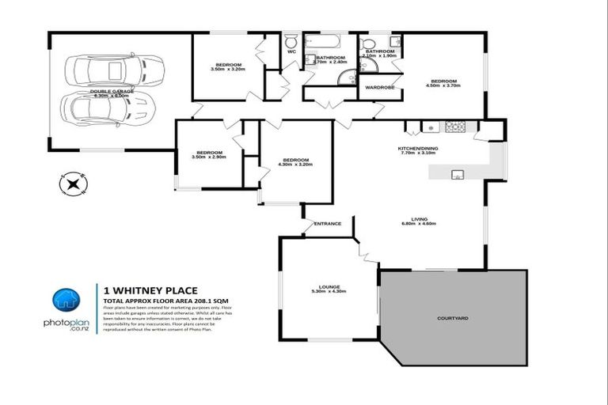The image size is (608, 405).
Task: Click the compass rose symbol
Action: (x=73, y=184)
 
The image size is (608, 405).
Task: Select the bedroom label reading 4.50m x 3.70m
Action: (x=443, y=84)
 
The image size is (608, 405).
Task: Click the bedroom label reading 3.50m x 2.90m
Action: (x=209, y=154)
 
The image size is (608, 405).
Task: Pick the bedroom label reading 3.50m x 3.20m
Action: (x=229, y=66)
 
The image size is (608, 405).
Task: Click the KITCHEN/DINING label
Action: (x=418, y=150)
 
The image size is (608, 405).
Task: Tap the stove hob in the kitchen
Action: (x=454, y=127)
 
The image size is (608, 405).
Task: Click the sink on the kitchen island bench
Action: (x=457, y=175)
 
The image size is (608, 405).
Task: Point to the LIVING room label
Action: (x=419, y=224)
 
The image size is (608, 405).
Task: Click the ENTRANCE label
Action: (x=328, y=223)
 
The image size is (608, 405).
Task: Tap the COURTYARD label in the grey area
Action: (x=453, y=318)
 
